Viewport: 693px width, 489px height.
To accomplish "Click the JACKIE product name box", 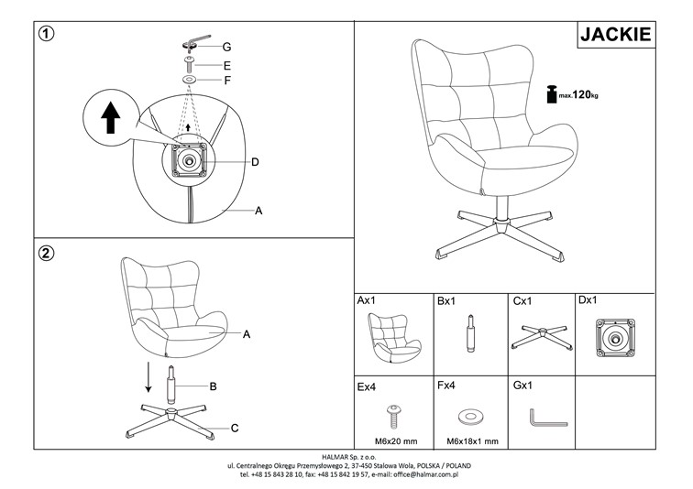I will [x=615, y=35].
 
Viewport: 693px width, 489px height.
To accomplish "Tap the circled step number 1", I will [x=47, y=34].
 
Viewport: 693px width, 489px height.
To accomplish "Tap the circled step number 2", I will [x=47, y=254].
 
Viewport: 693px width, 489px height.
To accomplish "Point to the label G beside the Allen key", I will [x=225, y=47].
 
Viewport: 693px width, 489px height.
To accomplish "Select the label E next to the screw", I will [x=225, y=66].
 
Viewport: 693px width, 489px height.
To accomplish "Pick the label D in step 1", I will [x=255, y=162].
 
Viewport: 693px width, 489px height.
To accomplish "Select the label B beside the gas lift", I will [x=213, y=386].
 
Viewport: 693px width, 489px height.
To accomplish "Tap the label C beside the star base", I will [x=235, y=427].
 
